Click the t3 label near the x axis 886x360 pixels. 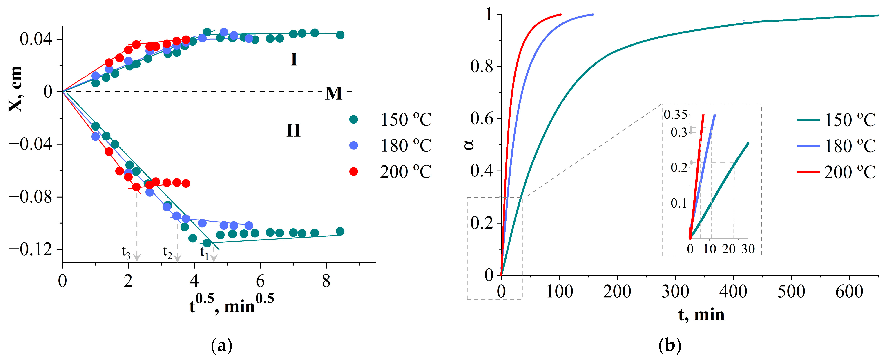pyautogui.click(x=126, y=252)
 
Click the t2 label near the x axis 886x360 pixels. pyautogui.click(x=167, y=252)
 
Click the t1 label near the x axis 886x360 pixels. pyautogui.click(x=205, y=252)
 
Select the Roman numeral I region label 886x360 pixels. pyautogui.click(x=294, y=60)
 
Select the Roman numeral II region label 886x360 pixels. pyautogui.click(x=293, y=131)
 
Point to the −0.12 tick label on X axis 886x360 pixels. pyautogui.click(x=31, y=249)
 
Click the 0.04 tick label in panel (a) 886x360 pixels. pyautogui.click(x=36, y=39)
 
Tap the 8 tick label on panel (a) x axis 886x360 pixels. pyautogui.click(x=326, y=282)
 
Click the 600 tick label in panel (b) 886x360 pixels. pyautogui.click(x=849, y=292)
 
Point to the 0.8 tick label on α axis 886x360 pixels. pyautogui.click(x=482, y=66)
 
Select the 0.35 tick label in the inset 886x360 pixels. pyautogui.click(x=675, y=115)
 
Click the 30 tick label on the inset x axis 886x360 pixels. pyautogui.click(x=748, y=249)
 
